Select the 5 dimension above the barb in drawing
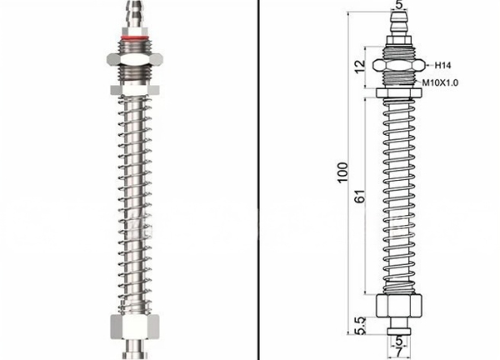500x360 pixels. coord(399,5)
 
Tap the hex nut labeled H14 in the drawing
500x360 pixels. coord(399,65)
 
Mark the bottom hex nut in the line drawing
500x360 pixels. coord(399,305)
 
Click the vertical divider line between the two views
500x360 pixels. coord(258,180)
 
